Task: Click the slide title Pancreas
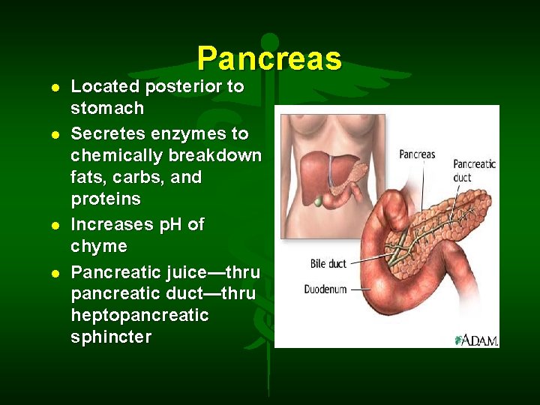point(269,58)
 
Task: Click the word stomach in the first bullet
point(107,109)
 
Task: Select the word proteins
point(106,199)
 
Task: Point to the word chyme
point(99,247)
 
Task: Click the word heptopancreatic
point(139,315)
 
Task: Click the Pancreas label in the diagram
point(417,154)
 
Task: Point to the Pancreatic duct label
point(473,171)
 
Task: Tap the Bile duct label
point(328,264)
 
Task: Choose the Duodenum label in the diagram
point(325,289)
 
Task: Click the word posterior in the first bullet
point(184,87)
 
